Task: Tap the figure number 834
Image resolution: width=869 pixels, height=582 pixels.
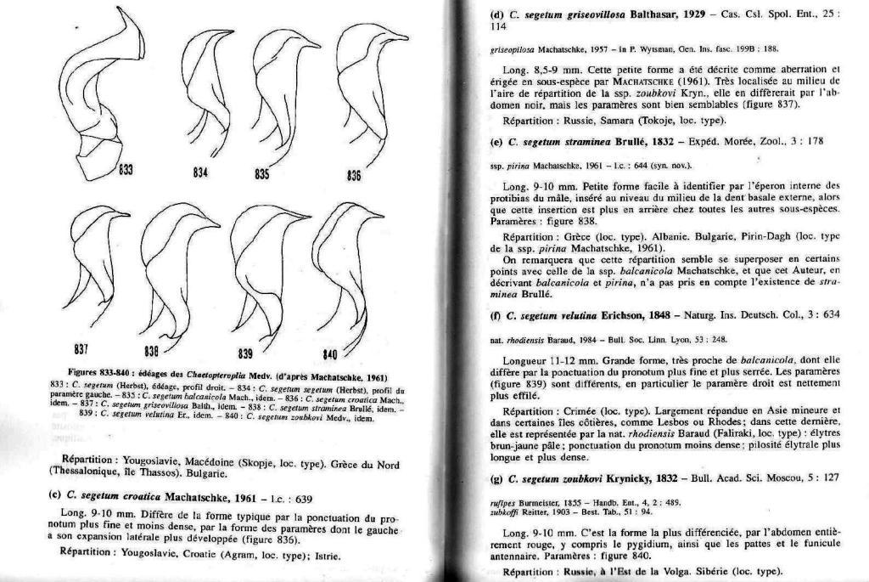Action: (x=201, y=172)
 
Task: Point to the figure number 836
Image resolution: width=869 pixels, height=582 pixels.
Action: (x=355, y=176)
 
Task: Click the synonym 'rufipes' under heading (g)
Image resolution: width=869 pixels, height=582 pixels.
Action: (x=503, y=501)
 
